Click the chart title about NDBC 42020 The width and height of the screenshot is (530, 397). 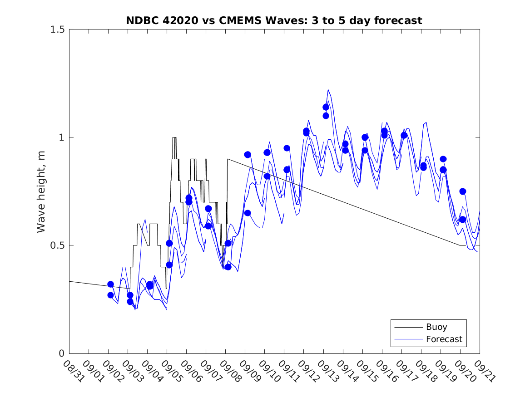coord(274,20)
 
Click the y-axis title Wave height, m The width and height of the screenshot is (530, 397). coord(41,191)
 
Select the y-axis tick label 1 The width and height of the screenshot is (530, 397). coord(61,137)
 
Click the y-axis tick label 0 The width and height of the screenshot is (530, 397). coord(61,353)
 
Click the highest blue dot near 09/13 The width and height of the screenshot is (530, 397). coord(326,107)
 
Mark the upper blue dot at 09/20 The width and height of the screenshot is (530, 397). coord(463,191)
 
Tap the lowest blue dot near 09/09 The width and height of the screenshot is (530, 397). coord(248,213)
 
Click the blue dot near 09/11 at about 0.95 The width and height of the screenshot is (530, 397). coord(287,148)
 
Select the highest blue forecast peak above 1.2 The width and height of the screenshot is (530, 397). coord(328,90)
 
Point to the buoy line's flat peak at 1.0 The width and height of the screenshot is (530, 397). coord(174,137)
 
